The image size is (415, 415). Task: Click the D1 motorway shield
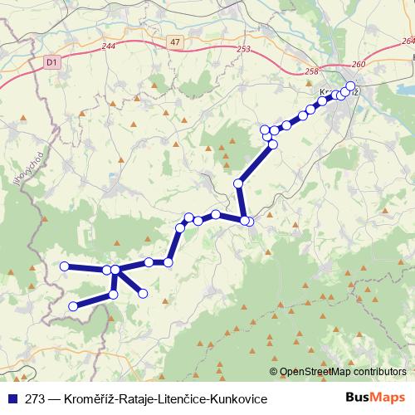pyautogui.click(x=52, y=61)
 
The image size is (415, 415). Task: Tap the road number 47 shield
pyautogui.click(x=173, y=41)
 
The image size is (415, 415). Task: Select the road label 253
pyautogui.click(x=243, y=50)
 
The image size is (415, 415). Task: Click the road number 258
pyautogui.click(x=311, y=71)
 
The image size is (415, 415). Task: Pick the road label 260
pyautogui.click(x=358, y=64)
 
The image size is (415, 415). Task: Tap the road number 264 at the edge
pyautogui.click(x=407, y=40)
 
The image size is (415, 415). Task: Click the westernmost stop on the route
pyautogui.click(x=65, y=266)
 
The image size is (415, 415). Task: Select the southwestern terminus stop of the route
pyautogui.click(x=73, y=306)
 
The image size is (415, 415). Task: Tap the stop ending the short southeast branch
pyautogui.click(x=143, y=292)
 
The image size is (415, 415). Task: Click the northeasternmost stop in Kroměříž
pyautogui.click(x=350, y=86)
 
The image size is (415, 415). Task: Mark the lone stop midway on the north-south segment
pyautogui.click(x=238, y=183)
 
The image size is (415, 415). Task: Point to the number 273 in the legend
pyautogui.click(x=35, y=399)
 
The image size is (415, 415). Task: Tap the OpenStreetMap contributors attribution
pyautogui.click(x=343, y=372)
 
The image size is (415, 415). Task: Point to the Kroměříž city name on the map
pyautogui.click(x=336, y=92)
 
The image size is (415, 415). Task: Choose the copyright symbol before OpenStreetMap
pyautogui.click(x=275, y=372)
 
